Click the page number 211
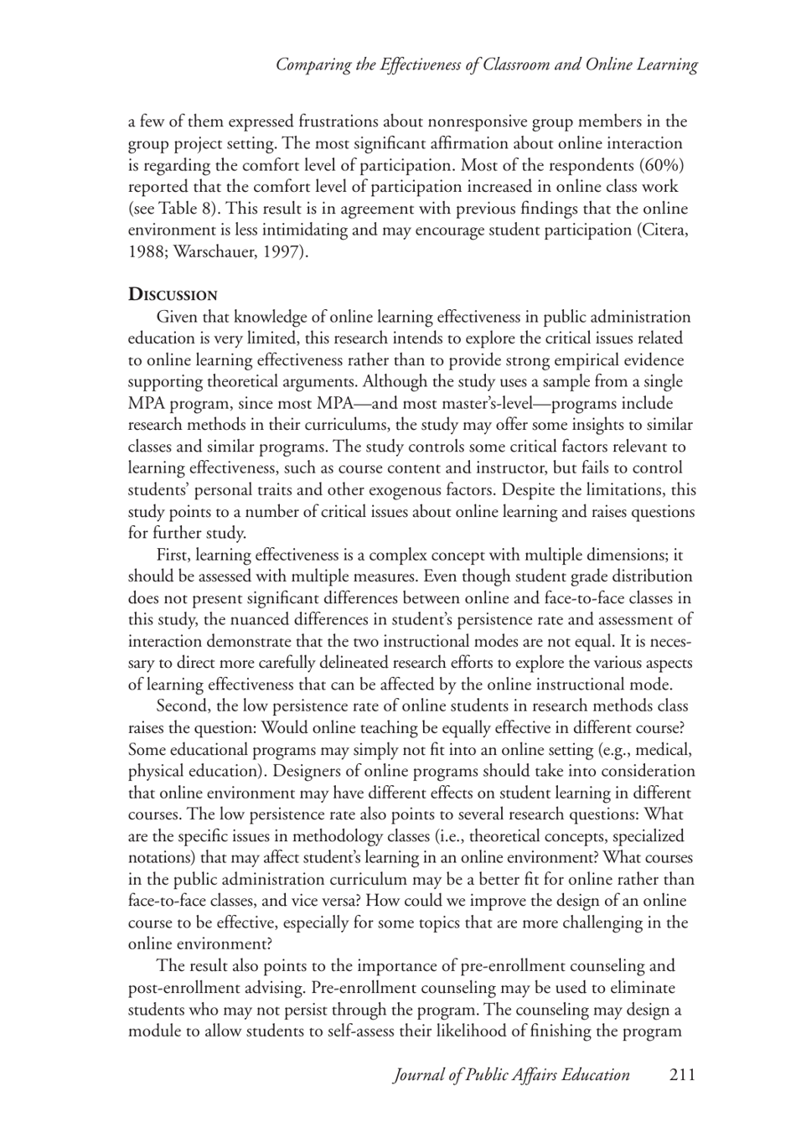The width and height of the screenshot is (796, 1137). coord(682,1075)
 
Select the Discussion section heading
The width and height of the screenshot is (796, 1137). coord(172,295)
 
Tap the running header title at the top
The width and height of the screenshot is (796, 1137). coord(487,65)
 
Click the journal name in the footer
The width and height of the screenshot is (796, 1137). coord(511,1075)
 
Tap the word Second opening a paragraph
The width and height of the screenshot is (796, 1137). coord(183,706)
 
